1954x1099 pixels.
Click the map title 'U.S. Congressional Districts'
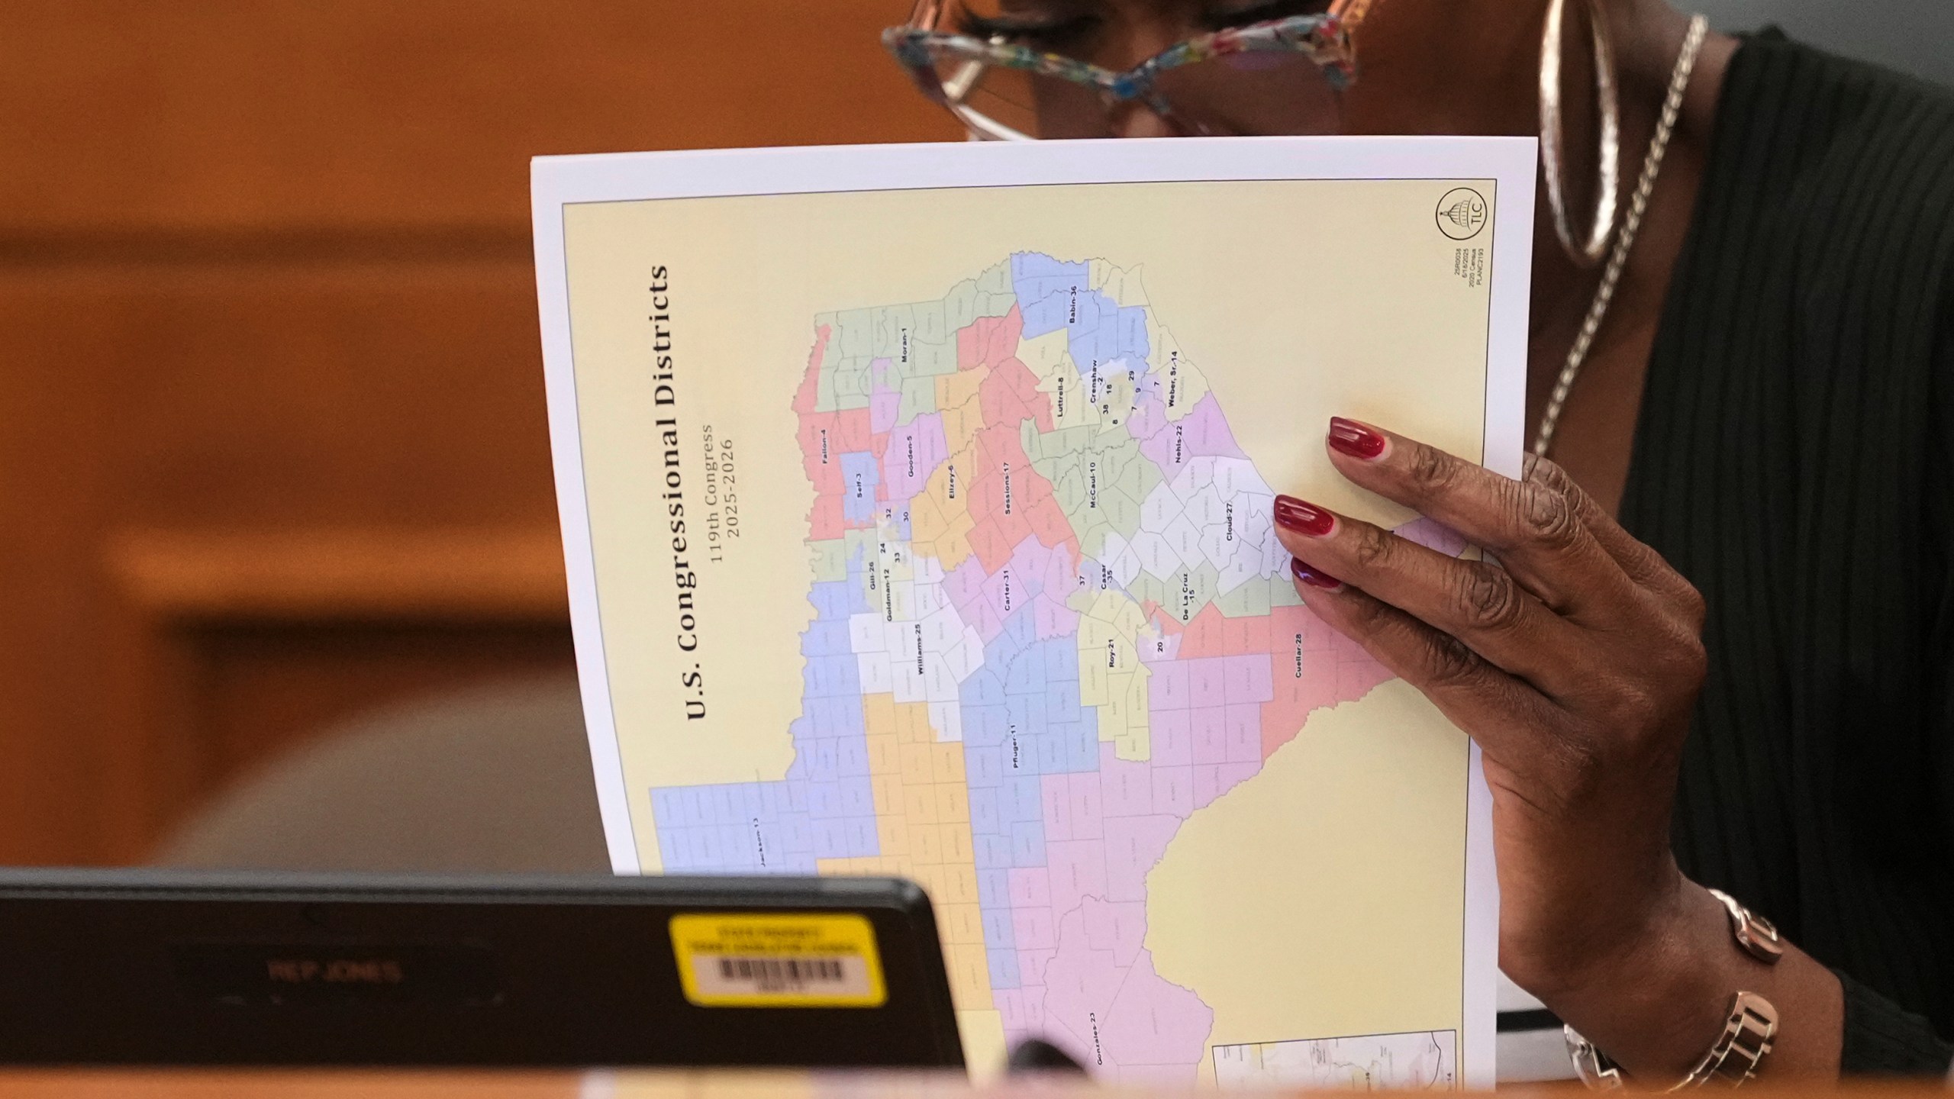pos(677,492)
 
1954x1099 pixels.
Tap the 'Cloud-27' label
pos(1229,522)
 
